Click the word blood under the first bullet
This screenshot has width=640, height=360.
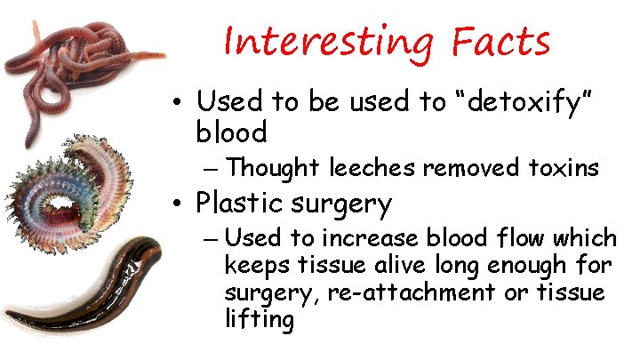pos(231,133)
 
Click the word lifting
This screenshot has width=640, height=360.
pos(259,320)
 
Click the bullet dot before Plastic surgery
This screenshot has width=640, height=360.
pos(178,204)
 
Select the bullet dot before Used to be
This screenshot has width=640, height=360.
pos(178,102)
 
